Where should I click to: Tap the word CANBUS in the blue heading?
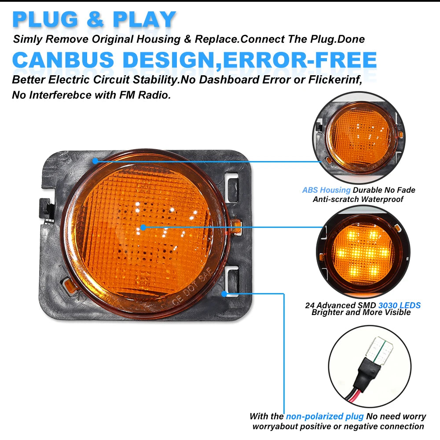pyautogui.click(x=63, y=60)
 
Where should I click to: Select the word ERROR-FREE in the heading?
pyautogui.click(x=300, y=60)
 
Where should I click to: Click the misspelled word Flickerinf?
pyautogui.click(x=335, y=80)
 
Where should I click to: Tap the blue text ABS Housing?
pyautogui.click(x=326, y=190)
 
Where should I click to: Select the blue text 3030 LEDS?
pyautogui.click(x=400, y=305)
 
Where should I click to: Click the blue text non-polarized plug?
pyautogui.click(x=325, y=416)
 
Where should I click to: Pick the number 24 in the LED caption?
pyautogui.click(x=310, y=305)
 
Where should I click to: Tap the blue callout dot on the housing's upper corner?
pyautogui.click(x=95, y=161)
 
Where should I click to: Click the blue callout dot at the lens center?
pyautogui.click(x=143, y=227)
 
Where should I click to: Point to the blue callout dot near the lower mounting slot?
pyautogui.click(x=224, y=294)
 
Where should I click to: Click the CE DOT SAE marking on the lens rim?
pyautogui.click(x=192, y=290)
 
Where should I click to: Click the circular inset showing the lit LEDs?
pyautogui.click(x=363, y=252)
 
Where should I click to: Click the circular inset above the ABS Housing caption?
pyautogui.click(x=359, y=137)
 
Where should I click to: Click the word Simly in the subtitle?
pyautogui.click(x=27, y=39)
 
